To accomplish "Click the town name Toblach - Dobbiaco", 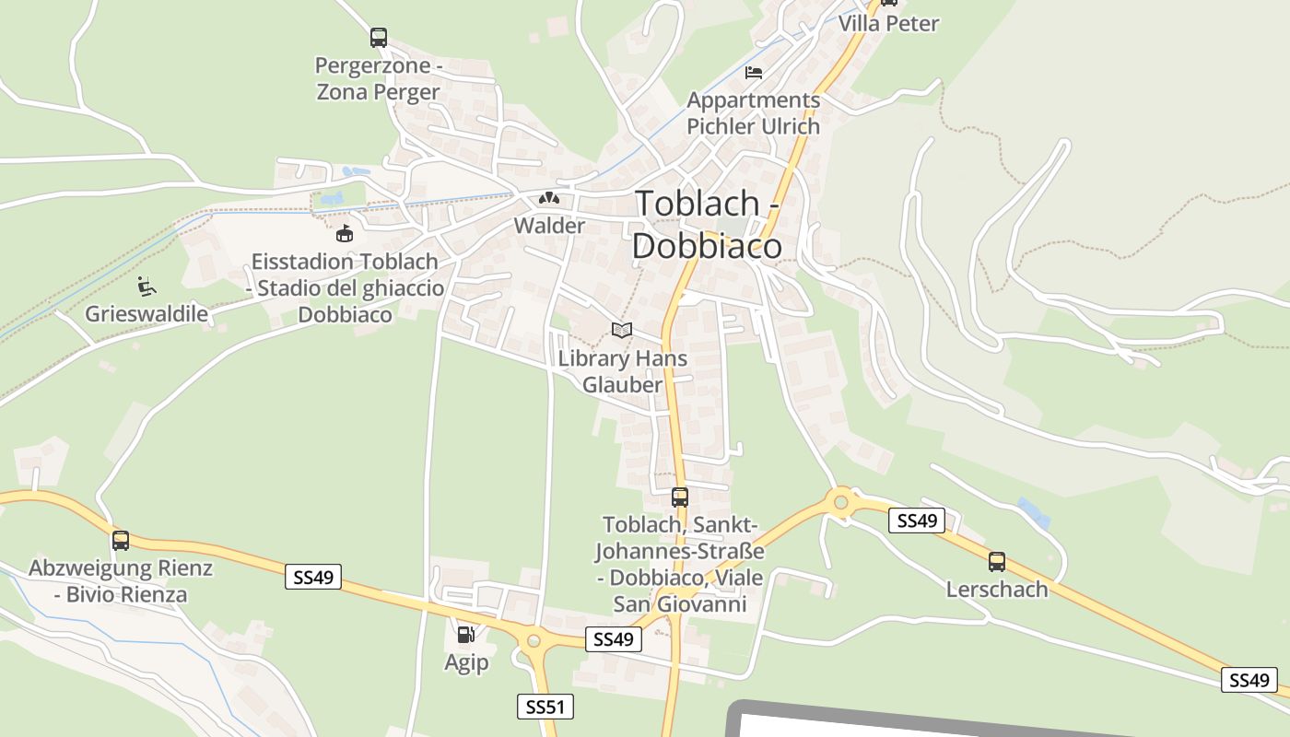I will (x=708, y=224).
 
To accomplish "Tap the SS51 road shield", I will (x=545, y=707).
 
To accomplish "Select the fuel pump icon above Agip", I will (x=466, y=634).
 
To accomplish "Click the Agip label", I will (x=466, y=662).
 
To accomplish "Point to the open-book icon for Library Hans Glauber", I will (x=622, y=330).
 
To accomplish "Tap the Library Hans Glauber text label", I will (x=623, y=371).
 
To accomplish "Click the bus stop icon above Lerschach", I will (x=996, y=561).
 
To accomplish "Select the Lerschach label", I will (x=997, y=589).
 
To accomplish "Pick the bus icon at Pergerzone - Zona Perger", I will (x=378, y=38).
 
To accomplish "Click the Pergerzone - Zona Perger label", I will (x=378, y=78).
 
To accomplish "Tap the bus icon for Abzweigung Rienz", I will (x=120, y=541).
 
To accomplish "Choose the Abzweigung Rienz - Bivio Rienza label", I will (x=121, y=580).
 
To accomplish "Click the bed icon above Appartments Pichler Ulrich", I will (x=754, y=73).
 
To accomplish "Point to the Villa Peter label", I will (x=888, y=23).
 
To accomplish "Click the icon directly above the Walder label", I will (x=549, y=198).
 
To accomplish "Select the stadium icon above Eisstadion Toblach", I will (x=345, y=233).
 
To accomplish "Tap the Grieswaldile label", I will (x=147, y=313).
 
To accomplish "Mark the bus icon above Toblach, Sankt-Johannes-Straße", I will (x=679, y=497).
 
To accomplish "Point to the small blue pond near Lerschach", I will (x=1034, y=512).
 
